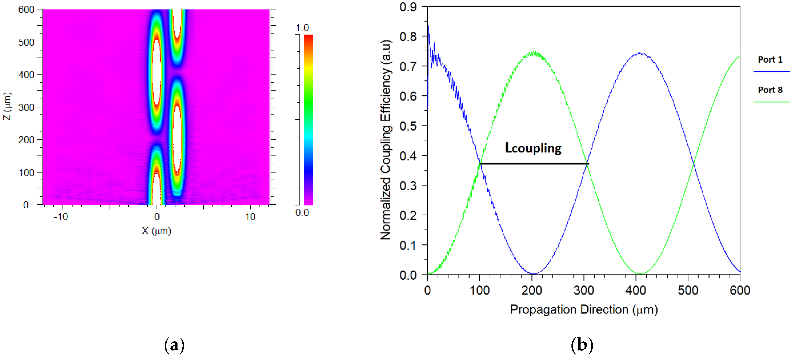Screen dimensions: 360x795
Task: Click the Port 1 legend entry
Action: [770, 60]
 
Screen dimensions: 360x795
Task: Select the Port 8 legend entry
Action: [770, 90]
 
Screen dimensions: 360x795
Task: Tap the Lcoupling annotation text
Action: [533, 148]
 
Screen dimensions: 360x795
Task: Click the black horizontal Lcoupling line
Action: [534, 164]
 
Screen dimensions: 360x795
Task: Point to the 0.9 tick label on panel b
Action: [408, 7]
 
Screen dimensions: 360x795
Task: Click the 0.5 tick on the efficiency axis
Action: [408, 126]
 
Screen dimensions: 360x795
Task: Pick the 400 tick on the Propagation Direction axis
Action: [636, 290]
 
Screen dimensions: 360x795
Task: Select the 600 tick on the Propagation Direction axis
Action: [740, 290]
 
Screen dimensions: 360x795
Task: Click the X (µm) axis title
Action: [156, 231]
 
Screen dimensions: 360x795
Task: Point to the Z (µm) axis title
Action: [7, 106]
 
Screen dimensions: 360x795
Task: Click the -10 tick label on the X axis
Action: [60, 217]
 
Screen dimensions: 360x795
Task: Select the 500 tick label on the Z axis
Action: [26, 42]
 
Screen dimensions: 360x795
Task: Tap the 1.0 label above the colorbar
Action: [302, 28]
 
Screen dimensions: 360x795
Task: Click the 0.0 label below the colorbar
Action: [302, 213]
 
